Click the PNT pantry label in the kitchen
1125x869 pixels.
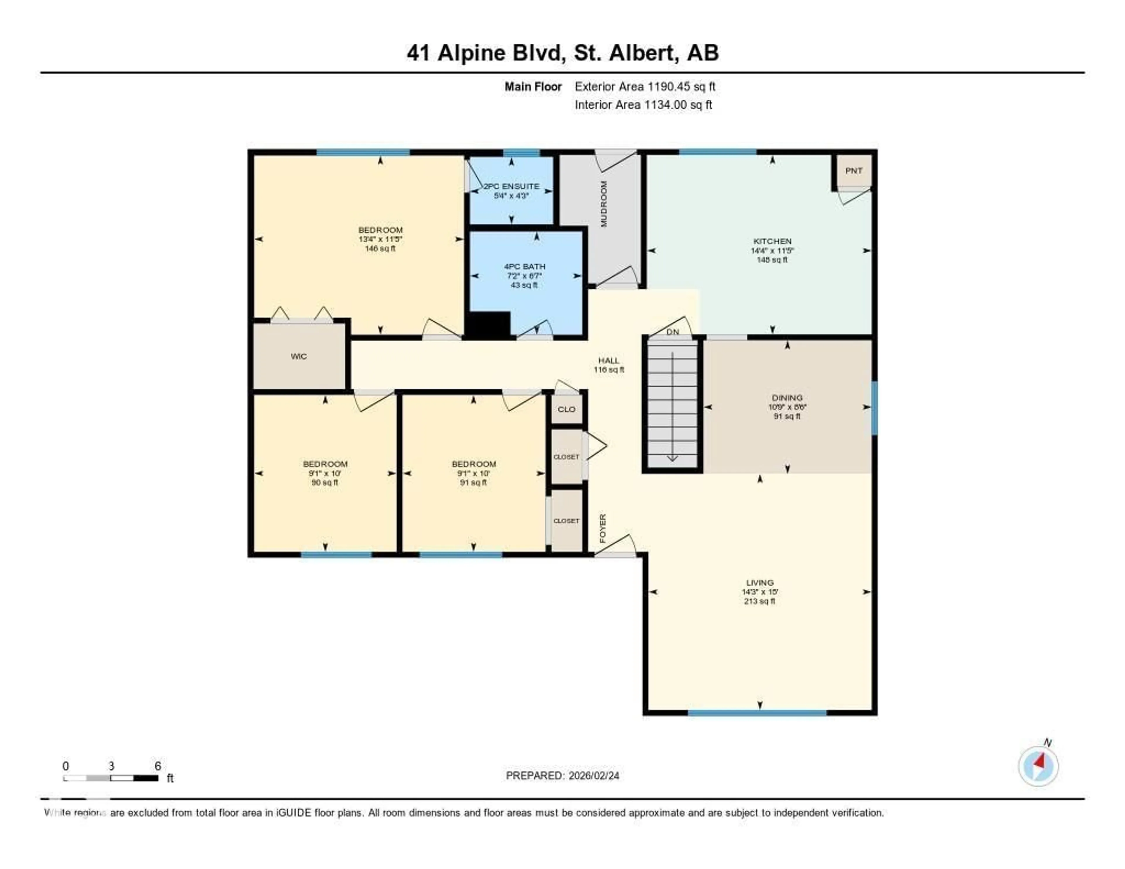click(853, 171)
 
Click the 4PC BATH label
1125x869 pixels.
click(524, 266)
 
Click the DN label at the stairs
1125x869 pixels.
click(673, 332)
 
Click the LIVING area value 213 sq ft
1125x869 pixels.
click(759, 601)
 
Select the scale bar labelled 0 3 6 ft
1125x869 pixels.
click(111, 778)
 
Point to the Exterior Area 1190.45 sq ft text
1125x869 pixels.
click(645, 86)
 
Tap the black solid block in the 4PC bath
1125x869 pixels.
click(488, 326)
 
